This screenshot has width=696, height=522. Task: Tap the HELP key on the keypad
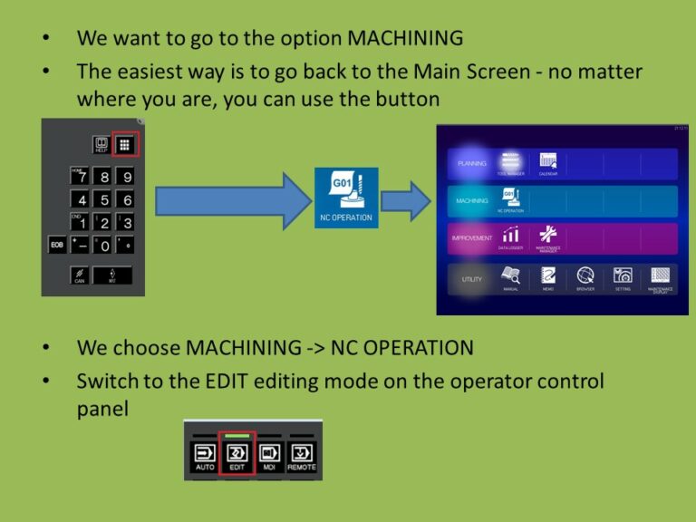tap(101, 145)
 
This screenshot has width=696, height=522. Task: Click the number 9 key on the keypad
tap(126, 177)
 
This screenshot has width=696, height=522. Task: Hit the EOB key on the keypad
tap(56, 245)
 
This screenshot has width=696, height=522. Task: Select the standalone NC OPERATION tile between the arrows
tap(346, 194)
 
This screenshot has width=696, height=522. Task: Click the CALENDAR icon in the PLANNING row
tap(546, 164)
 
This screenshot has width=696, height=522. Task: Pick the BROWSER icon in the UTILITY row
tap(586, 278)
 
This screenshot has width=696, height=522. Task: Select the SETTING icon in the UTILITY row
tap(623, 278)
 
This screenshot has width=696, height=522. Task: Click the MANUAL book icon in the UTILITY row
tap(510, 278)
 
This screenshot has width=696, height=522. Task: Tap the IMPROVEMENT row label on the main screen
tap(471, 238)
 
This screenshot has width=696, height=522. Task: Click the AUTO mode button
tap(205, 457)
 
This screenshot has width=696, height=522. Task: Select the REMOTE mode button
tap(301, 457)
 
